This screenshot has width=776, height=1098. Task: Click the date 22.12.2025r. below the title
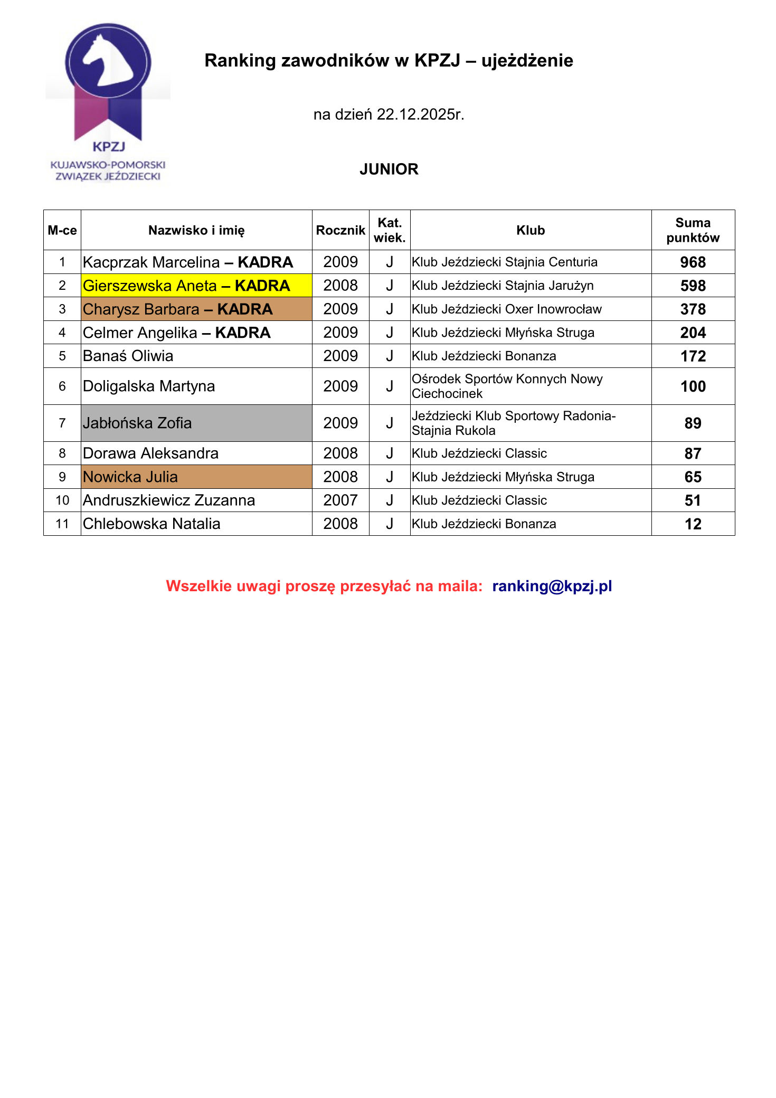pos(420,115)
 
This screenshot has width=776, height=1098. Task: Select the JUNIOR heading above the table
pos(389,169)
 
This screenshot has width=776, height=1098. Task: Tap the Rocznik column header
pos(340,230)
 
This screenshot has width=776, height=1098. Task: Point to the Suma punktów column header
pos(693,230)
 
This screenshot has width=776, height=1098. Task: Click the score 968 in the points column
pos(693,262)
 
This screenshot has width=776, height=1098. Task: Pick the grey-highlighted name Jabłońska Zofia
pos(137,423)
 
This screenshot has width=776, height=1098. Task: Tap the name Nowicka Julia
pos(130,477)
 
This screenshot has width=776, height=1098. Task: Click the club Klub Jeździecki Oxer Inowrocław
pos(506,309)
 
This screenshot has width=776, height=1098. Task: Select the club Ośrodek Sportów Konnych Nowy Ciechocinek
pos(507,386)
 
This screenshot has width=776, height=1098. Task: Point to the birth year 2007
pos(340,500)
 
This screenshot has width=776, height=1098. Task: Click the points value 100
pos(693,386)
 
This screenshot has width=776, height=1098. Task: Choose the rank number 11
pos(62,524)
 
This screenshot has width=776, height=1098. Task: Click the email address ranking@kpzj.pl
pos(552,586)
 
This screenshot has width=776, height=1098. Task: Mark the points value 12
pos(693,524)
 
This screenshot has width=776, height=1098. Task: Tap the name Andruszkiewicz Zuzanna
pos(169,500)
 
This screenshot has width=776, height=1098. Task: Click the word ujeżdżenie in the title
pos(527,61)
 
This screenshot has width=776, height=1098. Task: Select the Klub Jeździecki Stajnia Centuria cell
pos(504,262)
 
